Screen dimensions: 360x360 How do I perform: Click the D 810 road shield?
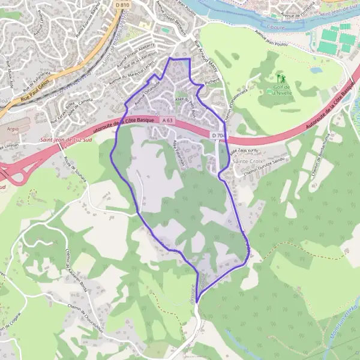point(122,5)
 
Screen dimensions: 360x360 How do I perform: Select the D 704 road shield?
point(218,136)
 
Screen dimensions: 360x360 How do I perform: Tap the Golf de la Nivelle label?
point(280,91)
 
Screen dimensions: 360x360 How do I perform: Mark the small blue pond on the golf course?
point(316,70)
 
